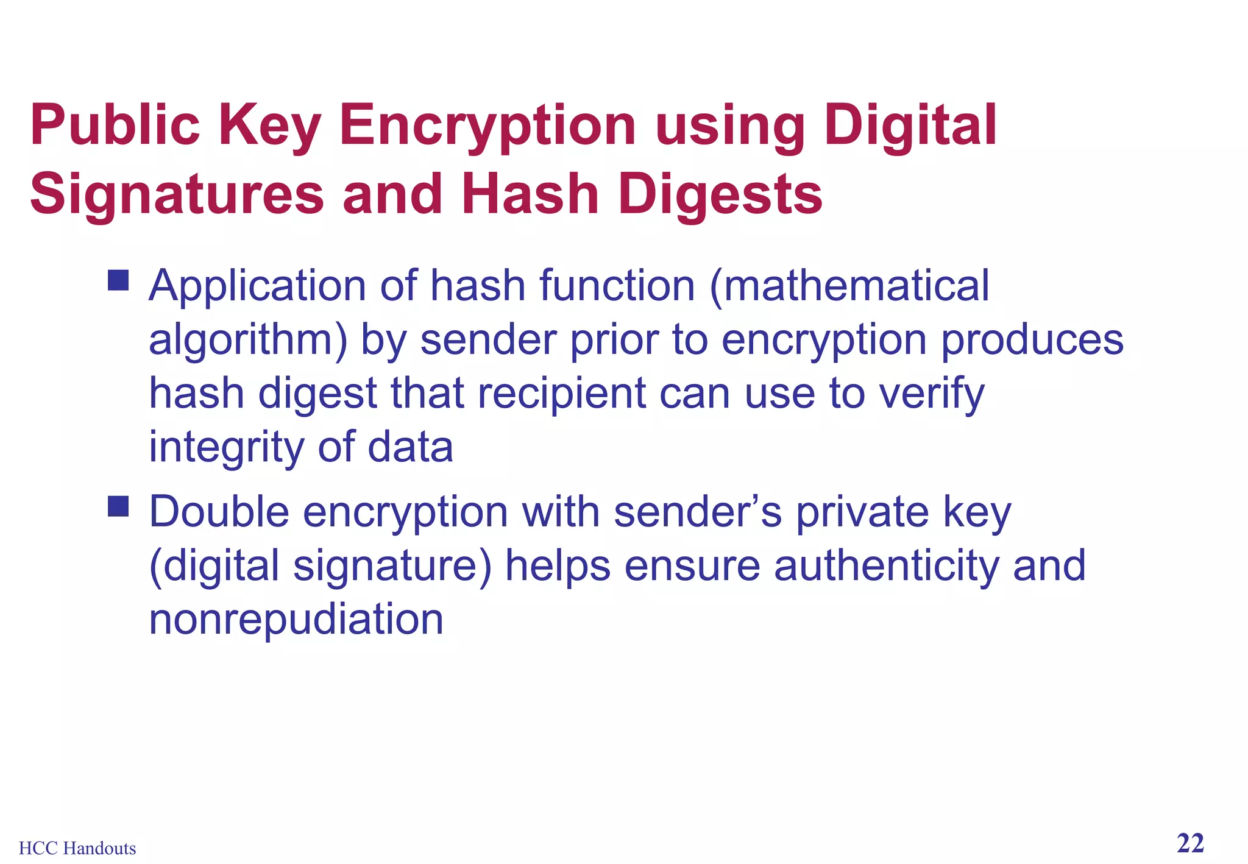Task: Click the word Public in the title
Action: click(115, 126)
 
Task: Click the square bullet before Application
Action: click(118, 281)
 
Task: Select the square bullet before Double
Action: click(118, 506)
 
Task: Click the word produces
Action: click(1032, 340)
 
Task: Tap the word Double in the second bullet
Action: click(219, 512)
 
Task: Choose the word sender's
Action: click(698, 512)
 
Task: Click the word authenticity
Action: click(886, 565)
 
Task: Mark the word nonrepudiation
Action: click(296, 619)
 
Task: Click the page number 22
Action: click(1190, 844)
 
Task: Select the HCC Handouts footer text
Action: click(77, 848)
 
